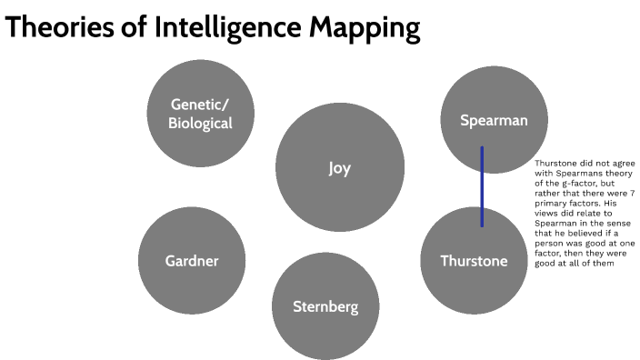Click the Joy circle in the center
tap(339, 167)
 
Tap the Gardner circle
tap(192, 261)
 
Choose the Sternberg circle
tap(325, 306)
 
